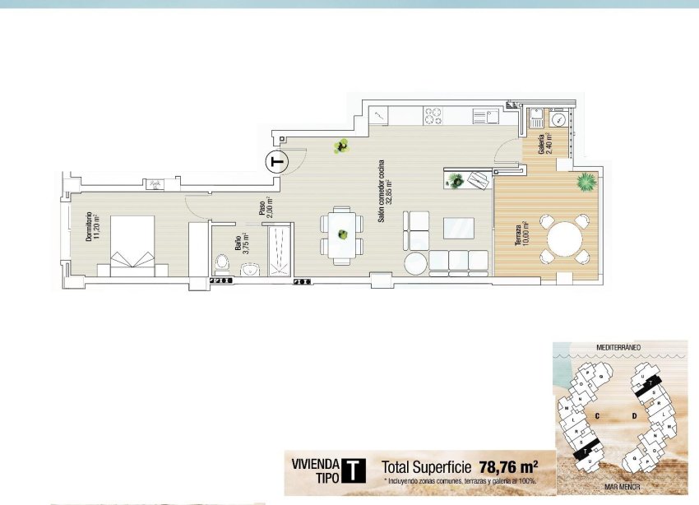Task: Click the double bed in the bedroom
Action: coord(132,242)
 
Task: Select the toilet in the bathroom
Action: coord(221,263)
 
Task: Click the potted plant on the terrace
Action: coord(586,180)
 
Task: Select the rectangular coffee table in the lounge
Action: coord(459,228)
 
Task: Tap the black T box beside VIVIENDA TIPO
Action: coord(354,469)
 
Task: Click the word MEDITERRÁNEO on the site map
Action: coord(619,347)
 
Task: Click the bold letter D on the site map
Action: coord(634,416)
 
